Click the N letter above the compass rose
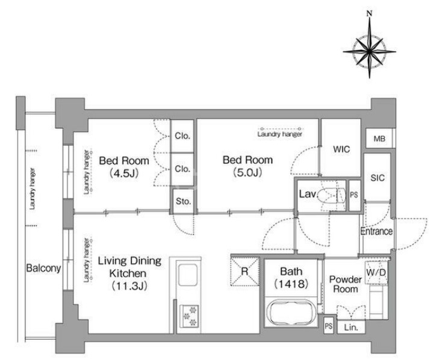(370, 13)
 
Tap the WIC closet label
(341, 149)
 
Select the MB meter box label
(379, 138)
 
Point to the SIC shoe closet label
(378, 178)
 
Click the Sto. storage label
(184, 201)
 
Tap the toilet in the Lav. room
(332, 194)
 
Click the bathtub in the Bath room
(291, 312)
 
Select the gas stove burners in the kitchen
(189, 316)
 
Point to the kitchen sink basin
(188, 275)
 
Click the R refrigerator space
(244, 272)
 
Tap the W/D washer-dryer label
(376, 272)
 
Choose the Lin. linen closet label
(351, 327)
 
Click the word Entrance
(376, 231)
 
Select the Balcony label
(43, 268)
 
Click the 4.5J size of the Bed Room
(124, 173)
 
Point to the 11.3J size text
(129, 286)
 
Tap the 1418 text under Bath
(291, 284)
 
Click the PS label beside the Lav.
(354, 195)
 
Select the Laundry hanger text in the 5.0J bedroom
(280, 134)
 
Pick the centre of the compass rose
(370, 52)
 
